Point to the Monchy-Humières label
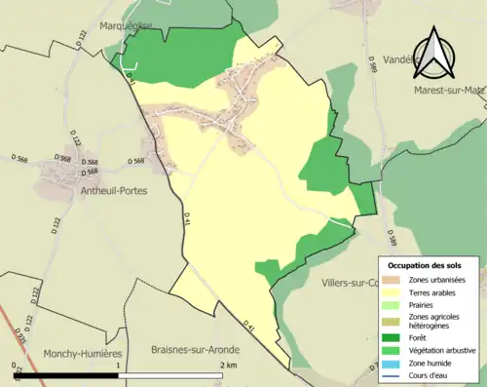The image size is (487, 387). click(x=83, y=355)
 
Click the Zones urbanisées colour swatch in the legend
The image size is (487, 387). click(x=399, y=280)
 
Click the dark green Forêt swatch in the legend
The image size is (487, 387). click(x=399, y=338)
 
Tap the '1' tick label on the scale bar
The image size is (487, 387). click(x=119, y=366)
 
